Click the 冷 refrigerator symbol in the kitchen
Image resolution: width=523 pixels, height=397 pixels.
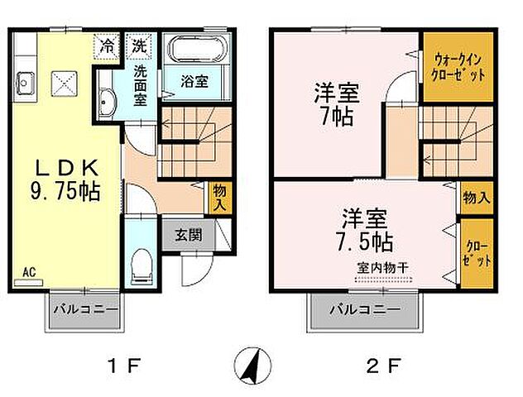(x=108, y=45)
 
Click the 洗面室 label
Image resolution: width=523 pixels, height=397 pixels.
(x=135, y=84)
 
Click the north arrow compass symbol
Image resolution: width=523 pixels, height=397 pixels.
(x=252, y=363)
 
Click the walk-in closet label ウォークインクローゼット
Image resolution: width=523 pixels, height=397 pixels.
(x=458, y=66)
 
